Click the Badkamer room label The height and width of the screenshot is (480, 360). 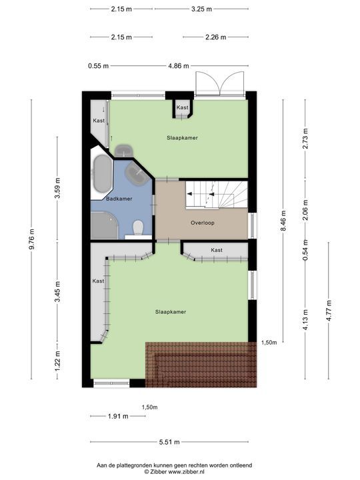coord(119,199)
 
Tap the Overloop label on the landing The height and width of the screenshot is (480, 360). coord(203,223)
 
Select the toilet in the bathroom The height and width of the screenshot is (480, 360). coord(139,228)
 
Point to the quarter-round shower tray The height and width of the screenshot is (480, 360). coord(103,225)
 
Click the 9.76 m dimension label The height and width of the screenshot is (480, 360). coord(32,239)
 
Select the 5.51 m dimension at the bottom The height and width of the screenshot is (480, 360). coord(169,442)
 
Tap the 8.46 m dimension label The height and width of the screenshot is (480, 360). coord(283,221)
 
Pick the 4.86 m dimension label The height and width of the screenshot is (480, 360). coord(179,65)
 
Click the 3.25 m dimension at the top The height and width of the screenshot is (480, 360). coord(202,9)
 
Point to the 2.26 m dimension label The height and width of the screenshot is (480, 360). coord(216,37)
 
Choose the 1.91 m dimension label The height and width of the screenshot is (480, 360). coord(118,416)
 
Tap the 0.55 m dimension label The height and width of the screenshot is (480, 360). coord(98,65)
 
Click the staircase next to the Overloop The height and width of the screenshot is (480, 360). coord(217,194)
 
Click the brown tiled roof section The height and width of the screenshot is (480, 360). coord(201,365)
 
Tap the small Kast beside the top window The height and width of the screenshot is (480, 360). coord(183,109)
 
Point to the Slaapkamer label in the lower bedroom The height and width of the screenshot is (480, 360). coord(171,312)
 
